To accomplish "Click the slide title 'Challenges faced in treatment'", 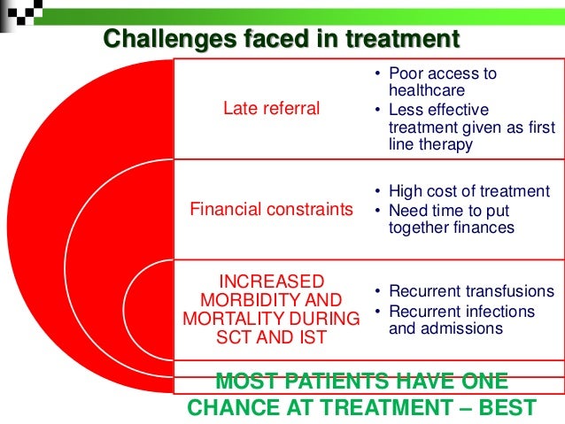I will (x=282, y=40).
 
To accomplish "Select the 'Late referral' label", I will (x=271, y=109).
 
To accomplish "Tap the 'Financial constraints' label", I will (x=272, y=210).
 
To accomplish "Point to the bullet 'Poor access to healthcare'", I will (x=442, y=81).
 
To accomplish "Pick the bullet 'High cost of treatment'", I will (x=468, y=192).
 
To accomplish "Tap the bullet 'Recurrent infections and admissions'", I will (x=461, y=320).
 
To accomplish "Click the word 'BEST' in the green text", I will (x=504, y=408).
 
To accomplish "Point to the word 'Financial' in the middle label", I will (x=221, y=210).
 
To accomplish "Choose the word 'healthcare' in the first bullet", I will (x=426, y=90).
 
